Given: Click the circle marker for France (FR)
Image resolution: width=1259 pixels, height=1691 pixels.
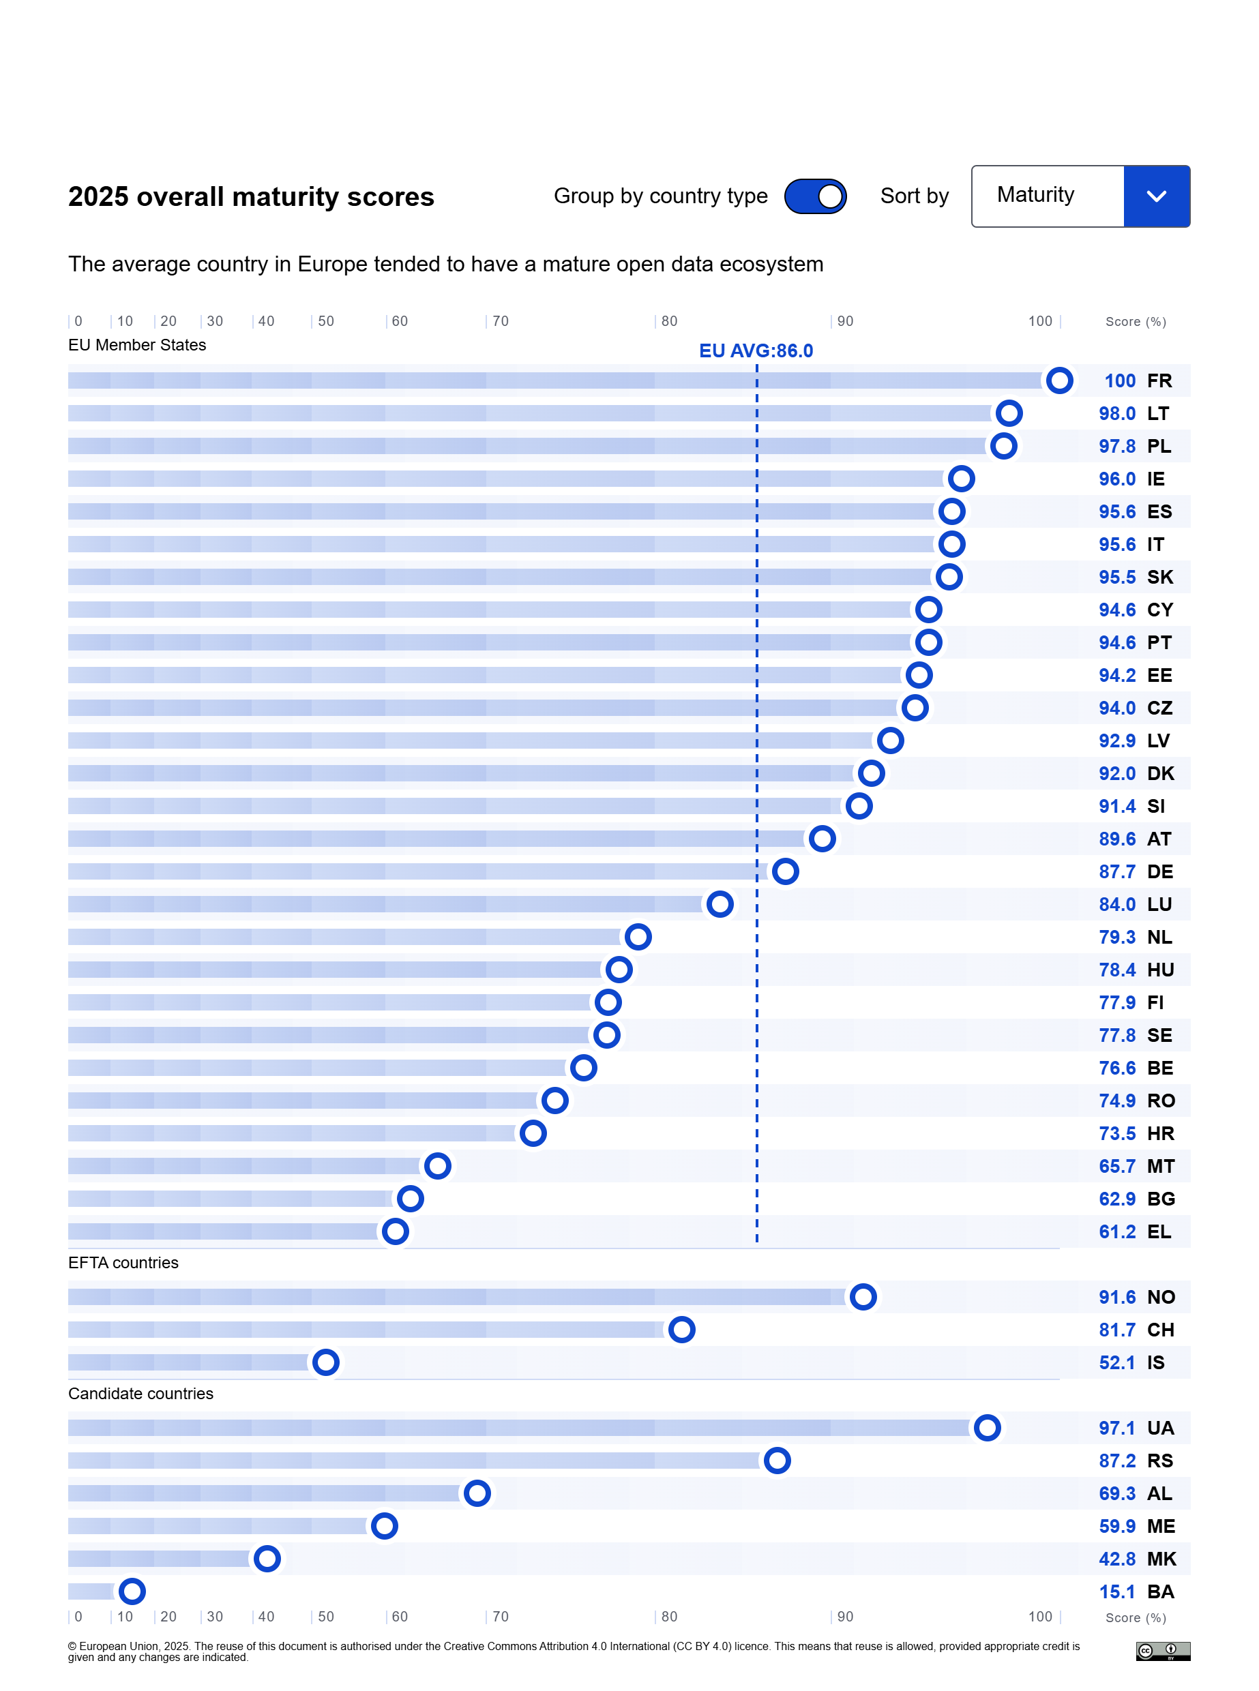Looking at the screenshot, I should (1058, 380).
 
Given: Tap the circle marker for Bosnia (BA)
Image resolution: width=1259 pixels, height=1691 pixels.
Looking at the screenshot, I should (132, 1591).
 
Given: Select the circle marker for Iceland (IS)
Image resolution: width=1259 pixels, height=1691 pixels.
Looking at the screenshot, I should (325, 1362).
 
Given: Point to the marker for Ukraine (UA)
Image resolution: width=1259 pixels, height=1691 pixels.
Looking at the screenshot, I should (987, 1427).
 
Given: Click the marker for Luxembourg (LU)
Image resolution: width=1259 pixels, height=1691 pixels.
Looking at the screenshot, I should (720, 904).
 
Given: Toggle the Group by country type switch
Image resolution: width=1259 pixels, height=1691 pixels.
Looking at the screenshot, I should (815, 196).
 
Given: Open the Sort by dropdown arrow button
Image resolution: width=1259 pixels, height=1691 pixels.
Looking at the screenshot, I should (1156, 196).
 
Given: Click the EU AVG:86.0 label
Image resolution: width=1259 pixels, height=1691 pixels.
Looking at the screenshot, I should (755, 350).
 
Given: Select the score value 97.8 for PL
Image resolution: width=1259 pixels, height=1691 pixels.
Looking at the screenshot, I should (1116, 447).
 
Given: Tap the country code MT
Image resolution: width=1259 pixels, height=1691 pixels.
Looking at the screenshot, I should (1160, 1166).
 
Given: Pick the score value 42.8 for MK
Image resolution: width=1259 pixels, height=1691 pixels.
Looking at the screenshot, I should (1116, 1559).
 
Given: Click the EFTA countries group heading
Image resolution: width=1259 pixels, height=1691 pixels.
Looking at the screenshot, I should (123, 1262).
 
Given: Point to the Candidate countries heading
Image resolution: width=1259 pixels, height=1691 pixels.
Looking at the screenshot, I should (141, 1393).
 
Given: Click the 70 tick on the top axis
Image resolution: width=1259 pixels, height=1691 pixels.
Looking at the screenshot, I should (500, 321).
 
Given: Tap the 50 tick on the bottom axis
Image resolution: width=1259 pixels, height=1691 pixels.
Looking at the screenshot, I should (325, 1617).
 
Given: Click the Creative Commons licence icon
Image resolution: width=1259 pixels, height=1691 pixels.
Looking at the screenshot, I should (1162, 1651).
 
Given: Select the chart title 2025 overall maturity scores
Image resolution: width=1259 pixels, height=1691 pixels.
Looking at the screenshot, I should (251, 196).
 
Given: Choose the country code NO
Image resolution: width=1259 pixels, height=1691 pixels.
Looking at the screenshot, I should (1160, 1297).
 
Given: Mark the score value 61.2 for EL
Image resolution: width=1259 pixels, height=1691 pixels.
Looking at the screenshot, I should (1116, 1231).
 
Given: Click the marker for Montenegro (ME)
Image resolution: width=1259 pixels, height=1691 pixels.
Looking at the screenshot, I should (384, 1526).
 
